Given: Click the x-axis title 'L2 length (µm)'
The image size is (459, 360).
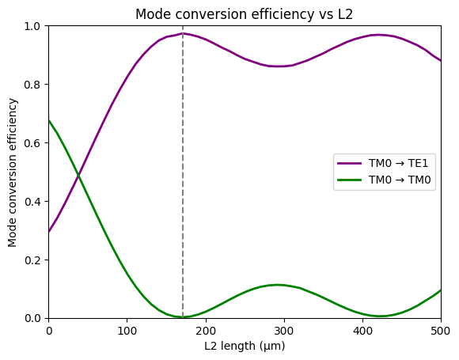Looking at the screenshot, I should [245, 346].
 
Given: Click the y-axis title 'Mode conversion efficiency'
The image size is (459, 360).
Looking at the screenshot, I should [13, 172].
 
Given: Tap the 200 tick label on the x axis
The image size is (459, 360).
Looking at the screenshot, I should [206, 330].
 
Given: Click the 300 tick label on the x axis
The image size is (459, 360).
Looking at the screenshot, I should [284, 330].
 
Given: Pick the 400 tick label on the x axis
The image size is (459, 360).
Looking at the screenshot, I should [362, 330].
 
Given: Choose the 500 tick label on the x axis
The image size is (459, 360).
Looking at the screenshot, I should [440, 330].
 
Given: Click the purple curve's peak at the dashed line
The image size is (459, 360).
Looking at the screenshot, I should [183, 34].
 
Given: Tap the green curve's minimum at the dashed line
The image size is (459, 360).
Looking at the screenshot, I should [183, 316].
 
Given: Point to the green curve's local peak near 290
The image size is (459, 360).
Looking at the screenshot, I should [276, 285].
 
